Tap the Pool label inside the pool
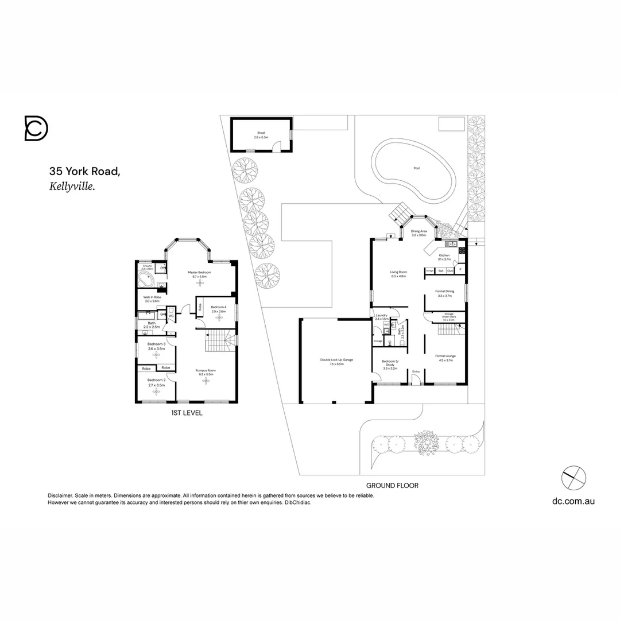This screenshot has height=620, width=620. pyautogui.click(x=416, y=168)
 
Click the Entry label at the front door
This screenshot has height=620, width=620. pyautogui.click(x=416, y=371)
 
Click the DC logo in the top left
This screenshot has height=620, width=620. pyautogui.click(x=36, y=128)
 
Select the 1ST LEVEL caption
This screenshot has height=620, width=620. pyautogui.click(x=187, y=413)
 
